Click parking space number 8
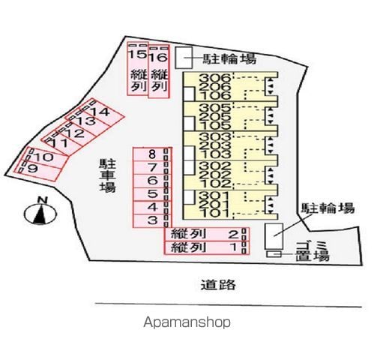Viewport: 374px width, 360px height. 152,154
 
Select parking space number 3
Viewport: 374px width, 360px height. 152,220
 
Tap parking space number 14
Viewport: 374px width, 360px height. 101,112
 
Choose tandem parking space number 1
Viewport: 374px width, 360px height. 206,247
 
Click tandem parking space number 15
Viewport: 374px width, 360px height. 138,68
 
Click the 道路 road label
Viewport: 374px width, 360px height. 218,285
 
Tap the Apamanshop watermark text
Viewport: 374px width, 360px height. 187,322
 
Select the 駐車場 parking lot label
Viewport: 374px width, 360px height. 108,175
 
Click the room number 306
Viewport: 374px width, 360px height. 214,78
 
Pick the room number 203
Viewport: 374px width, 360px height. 215,145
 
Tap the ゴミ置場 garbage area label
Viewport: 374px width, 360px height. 313,251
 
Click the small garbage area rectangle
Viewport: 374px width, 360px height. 274,254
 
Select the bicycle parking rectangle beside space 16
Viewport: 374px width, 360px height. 184,58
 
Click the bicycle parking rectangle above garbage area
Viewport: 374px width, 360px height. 274,236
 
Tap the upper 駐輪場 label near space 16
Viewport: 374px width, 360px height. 229,59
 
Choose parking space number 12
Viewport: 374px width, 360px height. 75,133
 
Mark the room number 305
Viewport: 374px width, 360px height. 215,108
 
